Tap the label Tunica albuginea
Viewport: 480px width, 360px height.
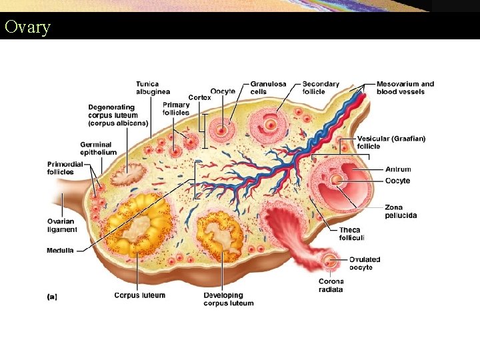(x=153, y=87)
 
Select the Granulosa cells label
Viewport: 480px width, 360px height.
(x=268, y=88)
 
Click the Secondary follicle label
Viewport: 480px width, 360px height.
(x=321, y=88)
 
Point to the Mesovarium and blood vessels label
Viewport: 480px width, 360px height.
(x=405, y=88)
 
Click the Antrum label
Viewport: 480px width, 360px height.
(x=398, y=169)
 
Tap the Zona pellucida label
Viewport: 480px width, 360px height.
(x=401, y=211)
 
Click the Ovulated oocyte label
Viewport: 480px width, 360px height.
(x=365, y=263)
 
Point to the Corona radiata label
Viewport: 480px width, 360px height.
(x=331, y=285)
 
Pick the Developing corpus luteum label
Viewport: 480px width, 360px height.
(x=229, y=299)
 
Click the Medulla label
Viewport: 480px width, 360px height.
(x=60, y=251)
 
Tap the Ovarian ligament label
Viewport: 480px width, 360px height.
(x=62, y=225)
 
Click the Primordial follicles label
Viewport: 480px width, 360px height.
(x=65, y=167)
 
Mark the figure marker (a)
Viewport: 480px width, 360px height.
(x=52, y=297)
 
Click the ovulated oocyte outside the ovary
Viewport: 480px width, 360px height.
(x=329, y=260)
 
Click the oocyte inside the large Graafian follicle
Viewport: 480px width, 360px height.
(x=337, y=180)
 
